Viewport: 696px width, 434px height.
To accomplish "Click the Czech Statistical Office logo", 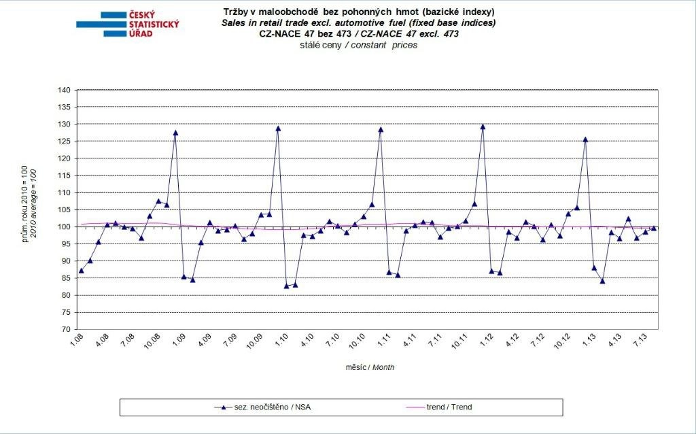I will [128, 24].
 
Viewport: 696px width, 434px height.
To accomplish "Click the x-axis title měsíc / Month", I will [370, 367].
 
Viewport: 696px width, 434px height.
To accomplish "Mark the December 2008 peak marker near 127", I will [175, 133].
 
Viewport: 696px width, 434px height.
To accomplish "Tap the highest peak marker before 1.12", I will [483, 127].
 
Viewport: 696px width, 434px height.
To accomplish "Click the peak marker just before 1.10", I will [278, 128].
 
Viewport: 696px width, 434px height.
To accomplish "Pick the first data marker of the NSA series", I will [82, 271].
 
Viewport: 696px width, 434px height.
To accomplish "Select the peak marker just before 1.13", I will [585, 139].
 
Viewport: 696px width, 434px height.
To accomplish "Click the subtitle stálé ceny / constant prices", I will [359, 46].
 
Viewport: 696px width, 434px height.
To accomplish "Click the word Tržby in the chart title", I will [235, 12].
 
